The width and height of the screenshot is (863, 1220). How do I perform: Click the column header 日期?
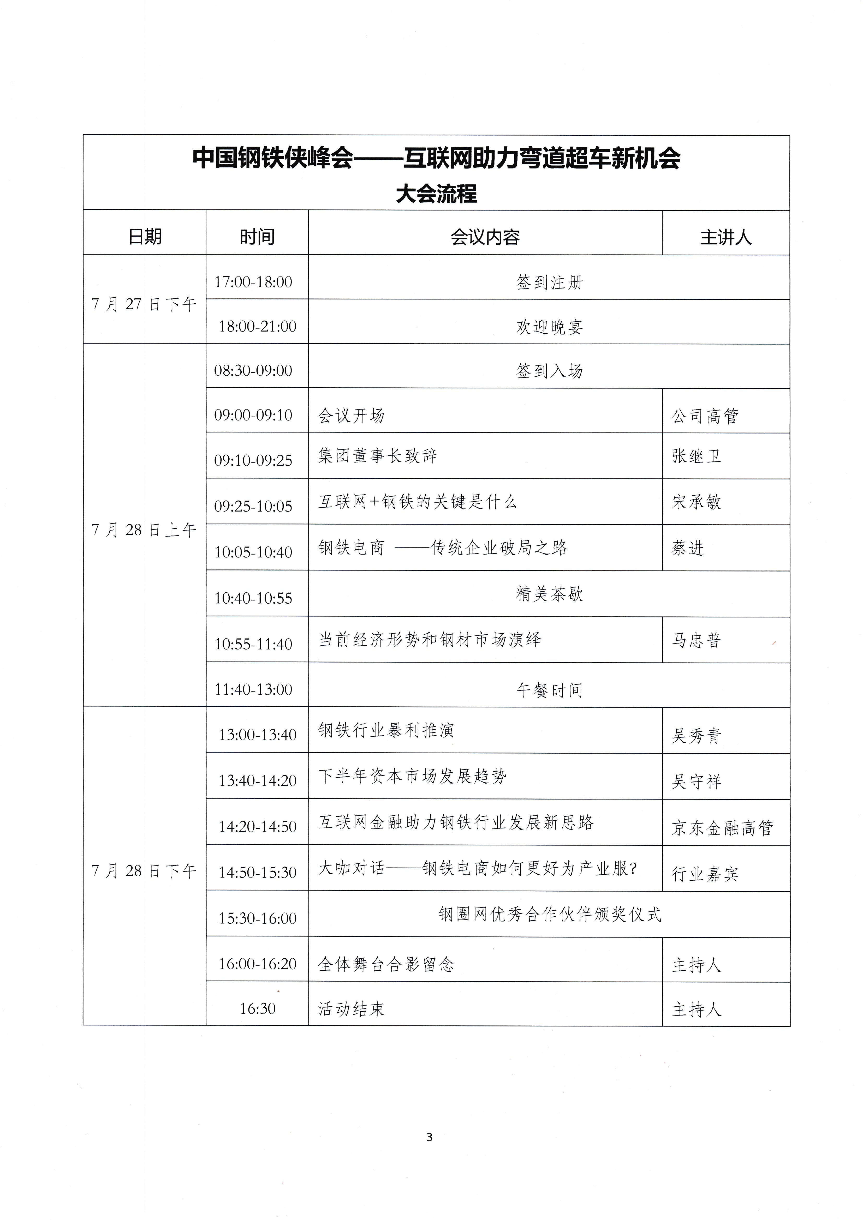point(145,236)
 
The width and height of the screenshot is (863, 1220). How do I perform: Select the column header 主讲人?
point(725,237)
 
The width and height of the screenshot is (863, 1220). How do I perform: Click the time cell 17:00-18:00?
point(253,282)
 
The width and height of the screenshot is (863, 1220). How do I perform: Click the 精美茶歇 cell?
point(549,593)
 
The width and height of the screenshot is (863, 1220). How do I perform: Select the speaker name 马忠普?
point(696,640)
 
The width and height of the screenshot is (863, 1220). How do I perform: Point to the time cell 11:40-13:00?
point(253,689)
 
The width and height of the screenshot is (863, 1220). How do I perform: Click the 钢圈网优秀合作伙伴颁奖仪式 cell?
point(549,914)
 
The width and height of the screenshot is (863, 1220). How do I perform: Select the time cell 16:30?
point(257,1008)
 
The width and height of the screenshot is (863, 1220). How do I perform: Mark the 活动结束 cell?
point(351,1008)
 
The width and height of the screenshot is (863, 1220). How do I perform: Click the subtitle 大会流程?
point(436,194)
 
